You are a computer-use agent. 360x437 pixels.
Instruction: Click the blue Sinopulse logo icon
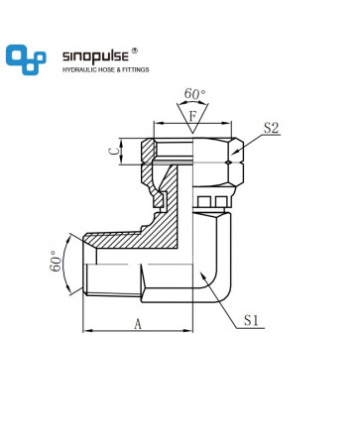26,59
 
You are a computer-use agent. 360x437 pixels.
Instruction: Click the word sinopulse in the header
95,56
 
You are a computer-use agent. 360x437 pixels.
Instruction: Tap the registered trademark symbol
135,51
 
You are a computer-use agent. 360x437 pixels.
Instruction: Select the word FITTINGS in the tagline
136,70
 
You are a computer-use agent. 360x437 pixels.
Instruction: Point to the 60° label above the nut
194,94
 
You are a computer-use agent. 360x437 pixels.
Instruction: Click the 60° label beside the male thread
57,261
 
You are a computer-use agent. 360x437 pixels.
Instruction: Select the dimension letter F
192,116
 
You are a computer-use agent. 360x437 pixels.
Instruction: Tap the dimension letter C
113,152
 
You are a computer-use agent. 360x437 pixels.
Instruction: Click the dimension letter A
138,324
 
